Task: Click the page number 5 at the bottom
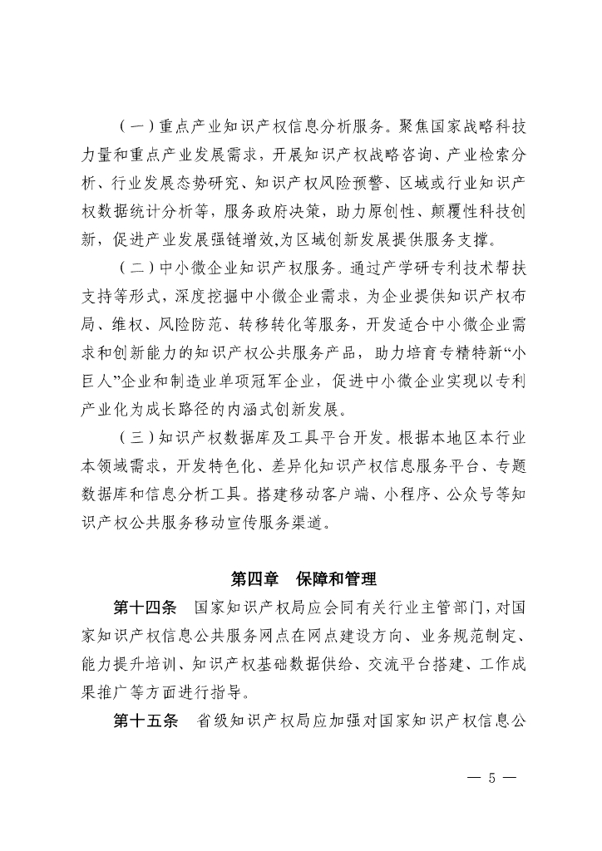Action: click(491, 779)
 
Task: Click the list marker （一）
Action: click(134, 127)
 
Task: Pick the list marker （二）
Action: click(134, 268)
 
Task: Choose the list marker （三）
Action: click(134, 438)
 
